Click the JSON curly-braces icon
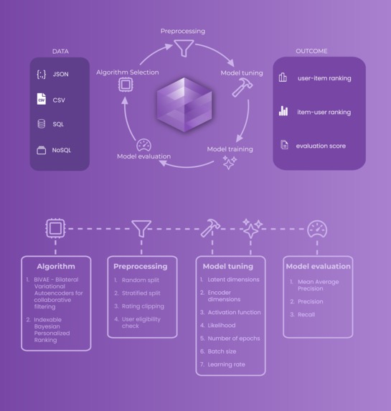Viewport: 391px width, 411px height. tap(41, 74)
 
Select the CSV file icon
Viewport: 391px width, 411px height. tap(41, 99)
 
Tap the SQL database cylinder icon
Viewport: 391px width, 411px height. tap(41, 124)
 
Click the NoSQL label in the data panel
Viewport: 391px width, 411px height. tap(62, 151)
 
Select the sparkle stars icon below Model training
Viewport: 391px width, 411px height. tap(230, 163)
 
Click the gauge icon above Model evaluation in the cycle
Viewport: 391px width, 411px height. tap(143, 144)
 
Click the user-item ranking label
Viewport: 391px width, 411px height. tap(324, 78)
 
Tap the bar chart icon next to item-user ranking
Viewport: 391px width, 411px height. tap(283, 111)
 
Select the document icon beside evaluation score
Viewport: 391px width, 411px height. tap(283, 146)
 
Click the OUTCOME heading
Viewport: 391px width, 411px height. tap(312, 52)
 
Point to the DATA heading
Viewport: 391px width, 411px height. tap(60, 52)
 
